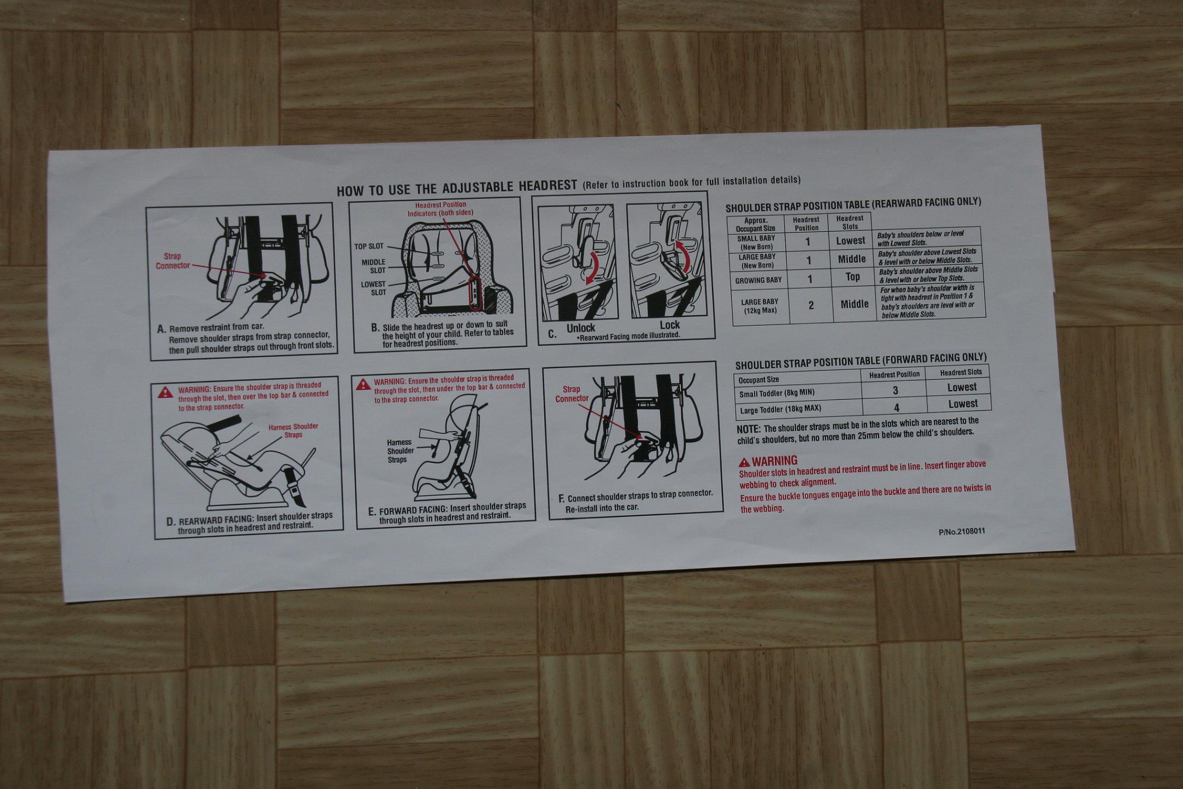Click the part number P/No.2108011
point(962,531)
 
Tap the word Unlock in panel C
point(580,328)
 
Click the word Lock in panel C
point(669,325)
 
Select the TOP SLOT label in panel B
point(369,246)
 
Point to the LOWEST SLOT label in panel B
point(374,288)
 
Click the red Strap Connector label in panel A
point(173,261)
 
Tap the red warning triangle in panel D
point(165,392)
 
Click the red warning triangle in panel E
point(363,385)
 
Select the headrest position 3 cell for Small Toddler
point(895,390)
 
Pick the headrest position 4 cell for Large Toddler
point(896,408)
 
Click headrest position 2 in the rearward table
point(811,305)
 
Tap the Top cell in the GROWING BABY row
point(852,277)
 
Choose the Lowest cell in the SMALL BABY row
point(850,240)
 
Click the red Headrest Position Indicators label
point(440,209)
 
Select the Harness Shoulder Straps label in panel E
point(400,451)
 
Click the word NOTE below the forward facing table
point(748,430)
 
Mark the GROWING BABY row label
point(758,280)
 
